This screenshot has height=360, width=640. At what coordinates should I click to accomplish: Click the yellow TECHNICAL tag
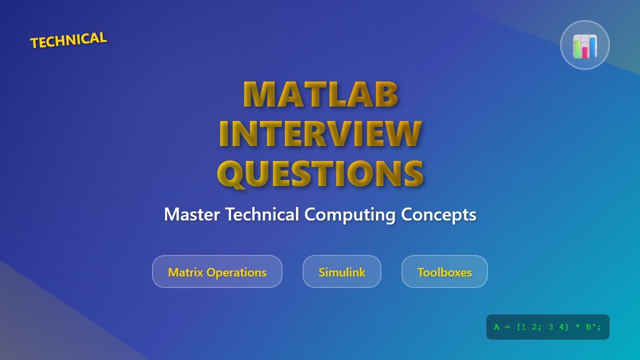68,40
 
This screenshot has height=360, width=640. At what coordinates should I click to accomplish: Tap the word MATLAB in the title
320,94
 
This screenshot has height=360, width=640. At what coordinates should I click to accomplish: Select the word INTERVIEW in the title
320,133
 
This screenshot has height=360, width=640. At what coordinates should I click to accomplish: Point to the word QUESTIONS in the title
320,173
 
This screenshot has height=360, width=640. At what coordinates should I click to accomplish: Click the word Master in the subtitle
192,214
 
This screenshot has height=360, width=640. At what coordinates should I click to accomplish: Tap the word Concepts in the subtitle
438,214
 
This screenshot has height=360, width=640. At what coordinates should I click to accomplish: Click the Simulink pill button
342,272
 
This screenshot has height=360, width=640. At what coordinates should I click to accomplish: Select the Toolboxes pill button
444,272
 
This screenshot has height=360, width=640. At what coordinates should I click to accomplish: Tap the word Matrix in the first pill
185,272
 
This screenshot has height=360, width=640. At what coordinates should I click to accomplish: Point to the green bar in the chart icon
577,49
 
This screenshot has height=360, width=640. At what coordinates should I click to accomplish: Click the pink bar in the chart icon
584,52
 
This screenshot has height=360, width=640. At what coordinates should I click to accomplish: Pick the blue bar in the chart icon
592,47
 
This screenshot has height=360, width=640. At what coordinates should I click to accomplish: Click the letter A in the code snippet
496,327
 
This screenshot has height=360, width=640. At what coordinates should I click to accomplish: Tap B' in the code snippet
590,327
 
